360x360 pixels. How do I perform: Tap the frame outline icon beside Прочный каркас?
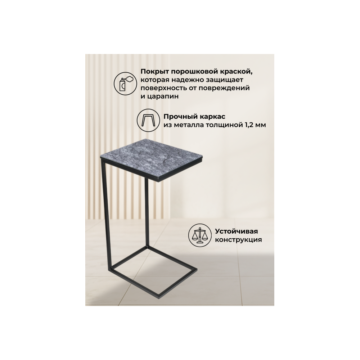[x=148, y=120]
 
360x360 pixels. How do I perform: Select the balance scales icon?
[x=199, y=235]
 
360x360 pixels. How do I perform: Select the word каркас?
[x=213, y=117]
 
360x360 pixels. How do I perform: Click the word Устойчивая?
[x=237, y=231]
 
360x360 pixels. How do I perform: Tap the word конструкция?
[x=238, y=240]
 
